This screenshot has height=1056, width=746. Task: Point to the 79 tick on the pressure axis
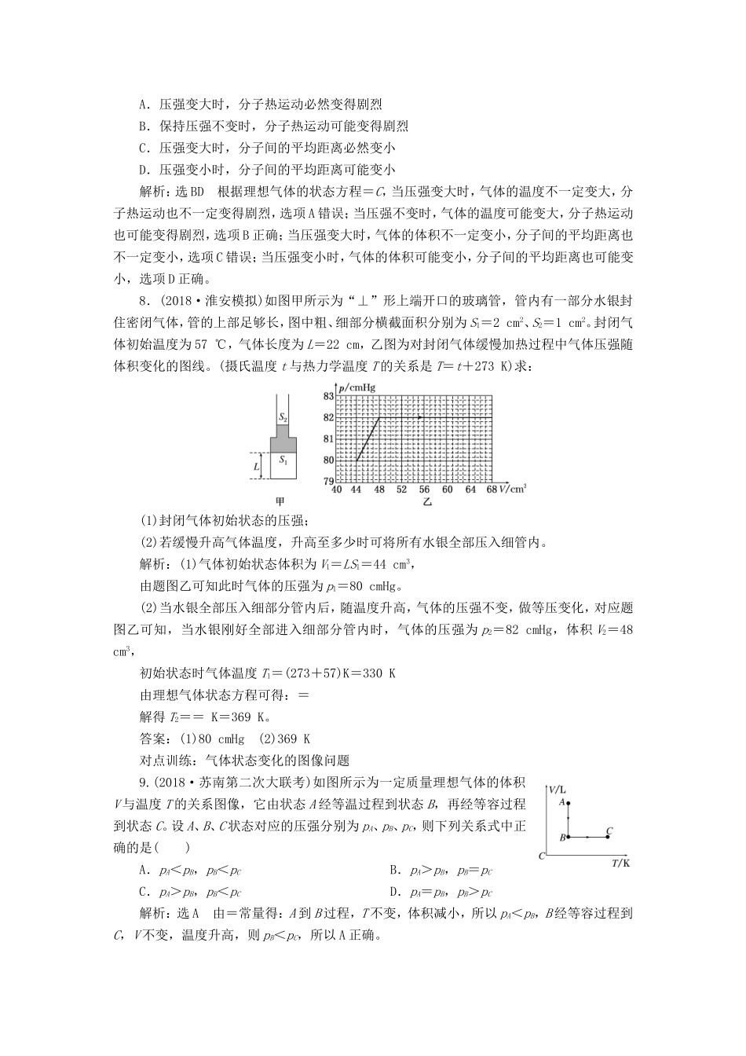click(x=327, y=480)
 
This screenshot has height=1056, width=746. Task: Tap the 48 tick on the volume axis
click(x=378, y=489)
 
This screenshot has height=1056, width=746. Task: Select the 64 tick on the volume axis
click(x=470, y=489)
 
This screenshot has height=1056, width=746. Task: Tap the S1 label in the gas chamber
click(x=283, y=462)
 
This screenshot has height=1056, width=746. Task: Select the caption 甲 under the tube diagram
click(x=281, y=501)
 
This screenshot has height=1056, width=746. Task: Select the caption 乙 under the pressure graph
click(x=426, y=501)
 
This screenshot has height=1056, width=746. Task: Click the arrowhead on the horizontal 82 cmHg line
click(x=422, y=417)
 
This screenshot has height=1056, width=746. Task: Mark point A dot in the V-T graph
click(x=568, y=803)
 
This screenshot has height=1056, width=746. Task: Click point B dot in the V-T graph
click(x=568, y=838)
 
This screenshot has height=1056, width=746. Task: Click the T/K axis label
click(x=620, y=863)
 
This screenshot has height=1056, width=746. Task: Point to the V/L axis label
click(x=558, y=787)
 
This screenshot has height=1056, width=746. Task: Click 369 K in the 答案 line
click(x=295, y=739)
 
